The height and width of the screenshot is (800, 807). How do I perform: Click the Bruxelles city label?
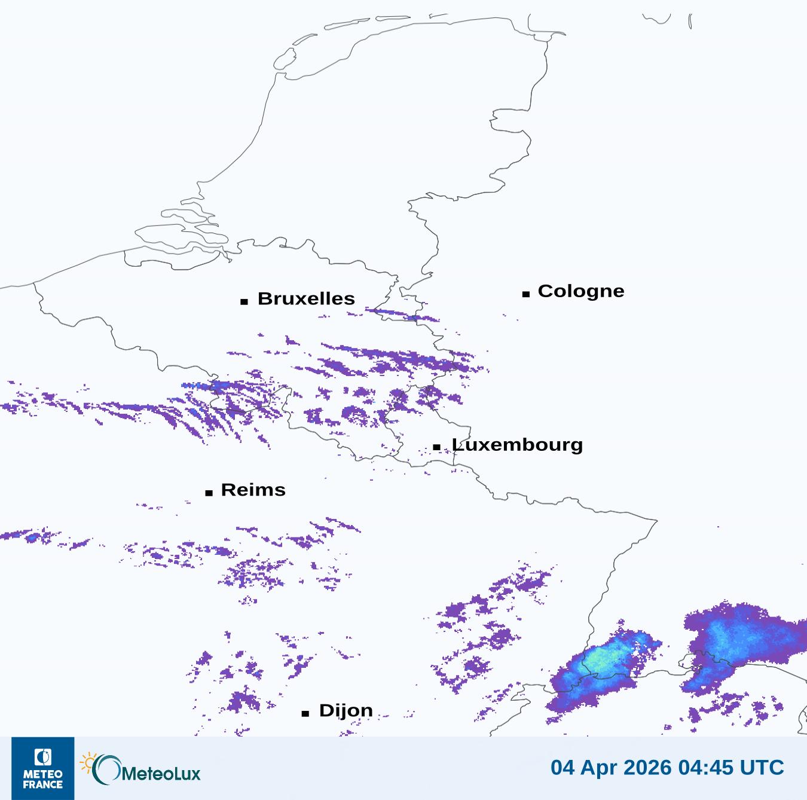point(306,298)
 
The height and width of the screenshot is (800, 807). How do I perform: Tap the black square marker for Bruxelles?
point(244,301)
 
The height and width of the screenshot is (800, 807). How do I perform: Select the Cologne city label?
point(580,291)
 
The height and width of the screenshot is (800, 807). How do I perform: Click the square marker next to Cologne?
point(526,294)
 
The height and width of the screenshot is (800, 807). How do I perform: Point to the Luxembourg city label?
point(517,445)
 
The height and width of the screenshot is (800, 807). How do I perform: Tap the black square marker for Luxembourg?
point(437,447)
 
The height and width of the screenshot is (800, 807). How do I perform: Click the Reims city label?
point(253,490)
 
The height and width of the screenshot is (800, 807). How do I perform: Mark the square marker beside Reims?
point(209,493)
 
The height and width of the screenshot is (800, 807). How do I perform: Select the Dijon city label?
point(346,710)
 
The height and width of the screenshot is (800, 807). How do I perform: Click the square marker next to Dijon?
point(305,713)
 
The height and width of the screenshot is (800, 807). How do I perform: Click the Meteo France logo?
point(43,768)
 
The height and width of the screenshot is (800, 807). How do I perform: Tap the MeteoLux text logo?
point(160,774)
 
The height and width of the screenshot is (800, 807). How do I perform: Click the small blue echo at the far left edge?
point(31,538)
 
